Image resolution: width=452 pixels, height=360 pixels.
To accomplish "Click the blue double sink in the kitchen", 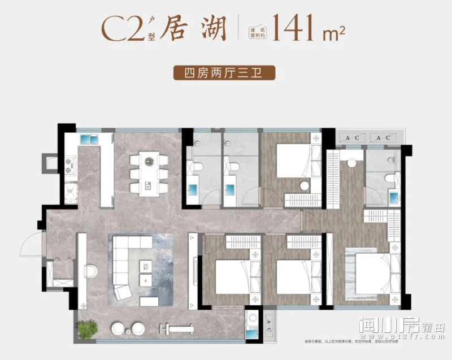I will point(89,139).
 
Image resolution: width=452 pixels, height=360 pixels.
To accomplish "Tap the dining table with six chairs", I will point(149,173).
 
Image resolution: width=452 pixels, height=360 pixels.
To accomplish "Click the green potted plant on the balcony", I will point(86,329).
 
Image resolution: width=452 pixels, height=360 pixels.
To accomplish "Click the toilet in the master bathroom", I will point(388,177).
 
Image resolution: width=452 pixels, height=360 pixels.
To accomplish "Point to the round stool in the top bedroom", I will point(304,185).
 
